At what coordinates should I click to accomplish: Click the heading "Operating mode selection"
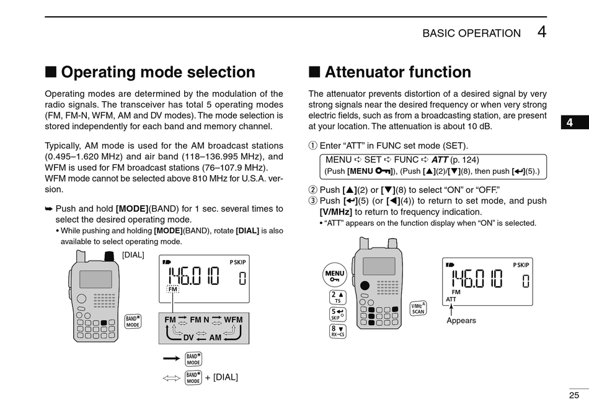[x=157, y=72]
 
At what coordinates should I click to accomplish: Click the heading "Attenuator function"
[x=397, y=72]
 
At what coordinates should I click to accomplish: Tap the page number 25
[x=573, y=395]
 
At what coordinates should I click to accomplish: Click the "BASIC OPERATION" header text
[x=471, y=34]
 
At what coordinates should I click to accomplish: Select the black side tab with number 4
[x=569, y=122]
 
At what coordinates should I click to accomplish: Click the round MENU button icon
[x=334, y=275]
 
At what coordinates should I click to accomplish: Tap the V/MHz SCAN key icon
[x=418, y=308]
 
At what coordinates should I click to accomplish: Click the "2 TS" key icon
[x=338, y=297]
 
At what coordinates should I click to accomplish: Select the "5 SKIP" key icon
[x=338, y=314]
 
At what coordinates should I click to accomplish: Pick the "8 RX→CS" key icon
[x=338, y=331]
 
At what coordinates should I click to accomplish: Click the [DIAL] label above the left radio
[x=133, y=254]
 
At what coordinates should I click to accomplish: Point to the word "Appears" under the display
[x=461, y=321]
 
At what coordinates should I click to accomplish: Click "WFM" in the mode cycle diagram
[x=233, y=320]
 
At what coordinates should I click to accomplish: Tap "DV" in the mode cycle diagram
[x=188, y=337]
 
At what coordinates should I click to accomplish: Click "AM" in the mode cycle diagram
[x=215, y=337]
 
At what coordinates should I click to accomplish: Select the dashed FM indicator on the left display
[x=172, y=289]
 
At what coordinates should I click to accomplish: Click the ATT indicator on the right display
[x=451, y=299]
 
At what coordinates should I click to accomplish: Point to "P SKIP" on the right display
[x=521, y=265]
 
